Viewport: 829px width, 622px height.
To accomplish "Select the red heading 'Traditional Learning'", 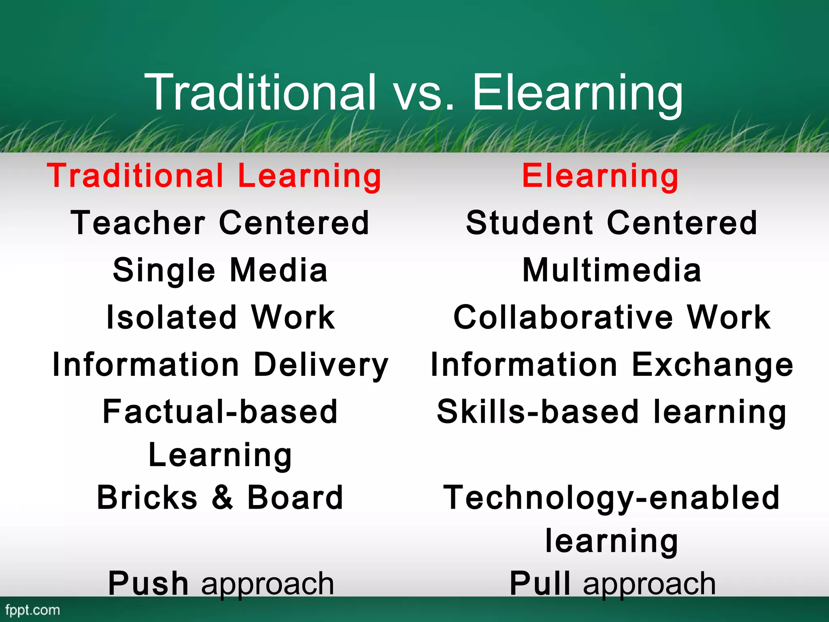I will [x=214, y=176].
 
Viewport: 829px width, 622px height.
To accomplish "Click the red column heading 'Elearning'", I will [x=600, y=176].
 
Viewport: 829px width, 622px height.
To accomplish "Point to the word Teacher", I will [x=138, y=223].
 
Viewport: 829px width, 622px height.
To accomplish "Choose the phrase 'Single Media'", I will [x=220, y=271].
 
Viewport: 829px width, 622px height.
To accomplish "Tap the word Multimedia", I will [x=612, y=271].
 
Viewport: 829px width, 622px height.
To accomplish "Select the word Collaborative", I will [x=563, y=317].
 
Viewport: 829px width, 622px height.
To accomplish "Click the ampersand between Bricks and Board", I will [x=222, y=498].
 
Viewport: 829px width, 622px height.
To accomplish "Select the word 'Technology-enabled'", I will [x=612, y=498].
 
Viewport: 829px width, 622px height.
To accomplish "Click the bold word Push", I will [x=148, y=584].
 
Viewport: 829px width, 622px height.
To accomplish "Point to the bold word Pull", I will [x=540, y=584].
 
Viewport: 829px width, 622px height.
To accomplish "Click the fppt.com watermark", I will [x=32, y=610].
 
